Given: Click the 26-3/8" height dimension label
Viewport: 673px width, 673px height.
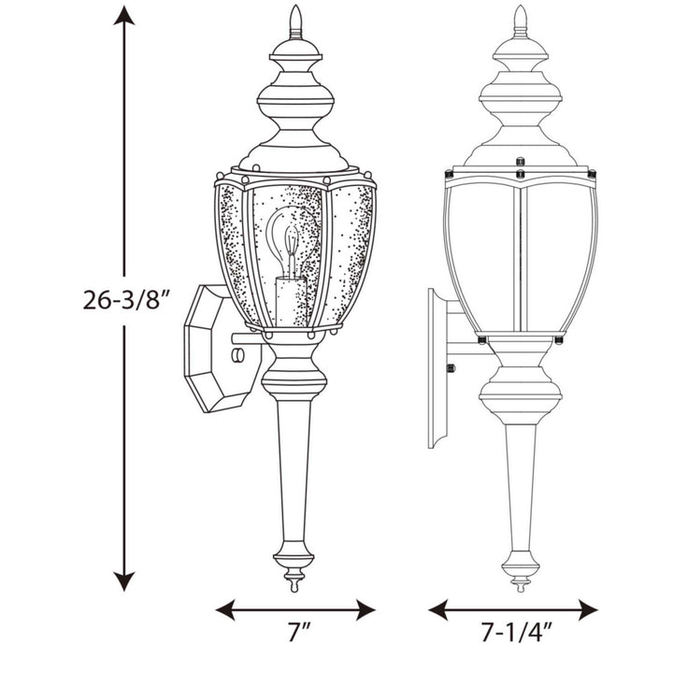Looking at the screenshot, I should (126, 302).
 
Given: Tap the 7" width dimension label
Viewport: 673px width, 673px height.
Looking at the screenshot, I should (296, 634).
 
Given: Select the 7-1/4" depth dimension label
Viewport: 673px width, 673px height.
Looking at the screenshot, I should (513, 634).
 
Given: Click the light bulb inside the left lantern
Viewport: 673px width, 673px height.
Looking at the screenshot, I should (293, 239).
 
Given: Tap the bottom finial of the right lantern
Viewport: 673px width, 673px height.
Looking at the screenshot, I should (520, 572).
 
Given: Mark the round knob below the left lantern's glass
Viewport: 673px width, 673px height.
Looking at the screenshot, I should (294, 382).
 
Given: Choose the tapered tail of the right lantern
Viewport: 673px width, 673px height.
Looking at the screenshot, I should (520, 477).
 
